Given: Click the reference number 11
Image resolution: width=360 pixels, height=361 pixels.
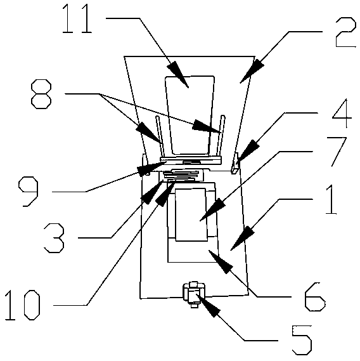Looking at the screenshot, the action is click(x=77, y=18).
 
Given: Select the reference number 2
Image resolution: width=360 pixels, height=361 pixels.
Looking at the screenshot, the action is click(x=345, y=32).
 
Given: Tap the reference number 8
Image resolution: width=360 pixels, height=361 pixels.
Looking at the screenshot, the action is click(x=41, y=94).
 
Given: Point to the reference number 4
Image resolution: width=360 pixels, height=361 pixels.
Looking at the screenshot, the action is click(x=342, y=113).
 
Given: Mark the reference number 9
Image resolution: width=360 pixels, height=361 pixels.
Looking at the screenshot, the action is click(x=28, y=192).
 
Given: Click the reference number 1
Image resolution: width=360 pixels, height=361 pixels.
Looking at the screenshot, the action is click(x=331, y=200).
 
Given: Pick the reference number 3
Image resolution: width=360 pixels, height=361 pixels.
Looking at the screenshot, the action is click(x=54, y=238).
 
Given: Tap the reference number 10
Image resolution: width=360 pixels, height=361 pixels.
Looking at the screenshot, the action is click(x=23, y=305).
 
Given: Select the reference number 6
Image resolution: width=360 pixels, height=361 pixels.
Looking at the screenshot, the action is click(x=315, y=297).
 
